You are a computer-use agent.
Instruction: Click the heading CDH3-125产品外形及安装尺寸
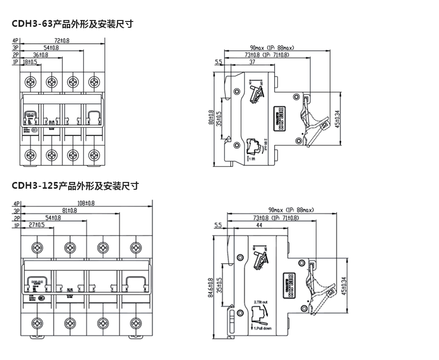pos(75,186)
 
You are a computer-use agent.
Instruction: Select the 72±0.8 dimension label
pos(61,40)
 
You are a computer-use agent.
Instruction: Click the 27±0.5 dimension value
pos(37,225)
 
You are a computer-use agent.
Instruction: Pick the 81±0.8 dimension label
pos(68,210)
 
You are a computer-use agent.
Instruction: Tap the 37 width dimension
pos(252,62)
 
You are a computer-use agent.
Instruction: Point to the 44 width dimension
pos(259,226)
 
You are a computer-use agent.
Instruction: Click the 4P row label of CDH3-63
pos(16,40)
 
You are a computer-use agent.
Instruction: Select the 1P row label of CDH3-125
pos(17,225)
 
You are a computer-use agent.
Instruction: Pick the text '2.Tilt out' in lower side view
pos(260,303)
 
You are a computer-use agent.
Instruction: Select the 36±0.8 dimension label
pos(40,55)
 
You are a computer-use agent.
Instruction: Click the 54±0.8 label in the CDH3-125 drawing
pos(53,218)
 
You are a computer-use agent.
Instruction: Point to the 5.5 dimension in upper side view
pos(218,62)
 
